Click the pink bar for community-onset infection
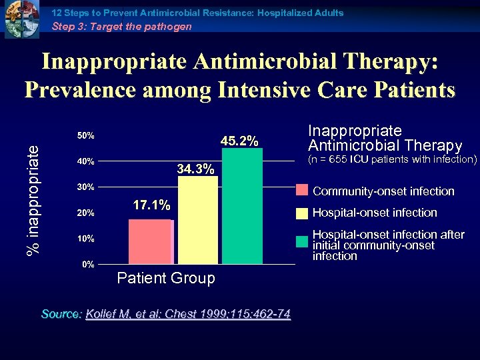(x=150, y=241)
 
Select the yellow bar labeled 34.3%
(x=198, y=220)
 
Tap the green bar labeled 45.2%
(x=242, y=206)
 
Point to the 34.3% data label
(x=196, y=169)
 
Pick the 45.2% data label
(x=239, y=141)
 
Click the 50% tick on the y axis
(x=86, y=136)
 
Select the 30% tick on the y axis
(x=86, y=187)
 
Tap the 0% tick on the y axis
(x=88, y=265)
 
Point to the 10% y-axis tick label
(x=86, y=239)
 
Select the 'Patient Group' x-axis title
(x=166, y=279)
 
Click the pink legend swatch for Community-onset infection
(x=302, y=191)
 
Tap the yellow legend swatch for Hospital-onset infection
(x=302, y=213)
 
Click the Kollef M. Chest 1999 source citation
(x=188, y=314)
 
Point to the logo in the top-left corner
(x=22, y=20)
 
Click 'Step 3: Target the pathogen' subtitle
(x=121, y=27)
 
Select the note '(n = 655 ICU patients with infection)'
(x=392, y=159)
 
